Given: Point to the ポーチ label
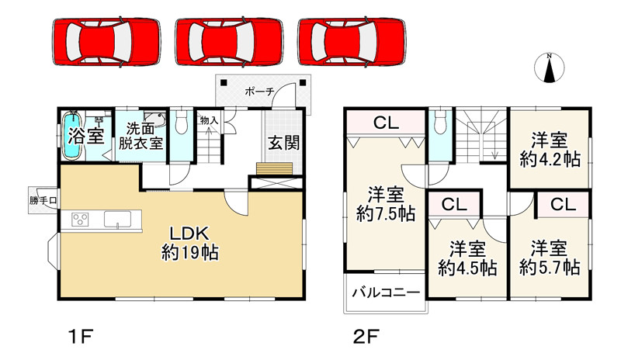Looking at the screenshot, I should click(259, 92).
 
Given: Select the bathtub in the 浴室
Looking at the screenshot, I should click(73, 136).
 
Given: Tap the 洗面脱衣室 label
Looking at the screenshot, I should click(141, 137).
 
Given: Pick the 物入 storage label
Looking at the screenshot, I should click(208, 120).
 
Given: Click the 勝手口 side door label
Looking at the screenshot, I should click(44, 201).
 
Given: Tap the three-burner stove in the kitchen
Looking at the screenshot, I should click(82, 220).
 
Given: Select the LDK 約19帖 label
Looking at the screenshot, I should click(189, 242).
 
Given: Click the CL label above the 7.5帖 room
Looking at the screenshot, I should click(385, 122).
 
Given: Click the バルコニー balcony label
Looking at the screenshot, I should click(387, 292).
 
